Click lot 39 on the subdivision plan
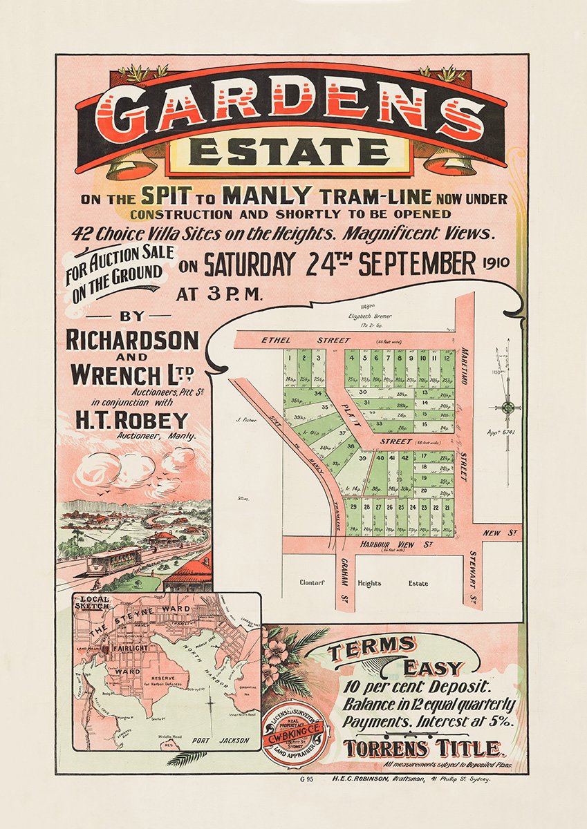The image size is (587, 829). pyautogui.click(x=362, y=458)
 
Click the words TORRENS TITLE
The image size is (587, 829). pyautogui.click(x=425, y=748)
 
